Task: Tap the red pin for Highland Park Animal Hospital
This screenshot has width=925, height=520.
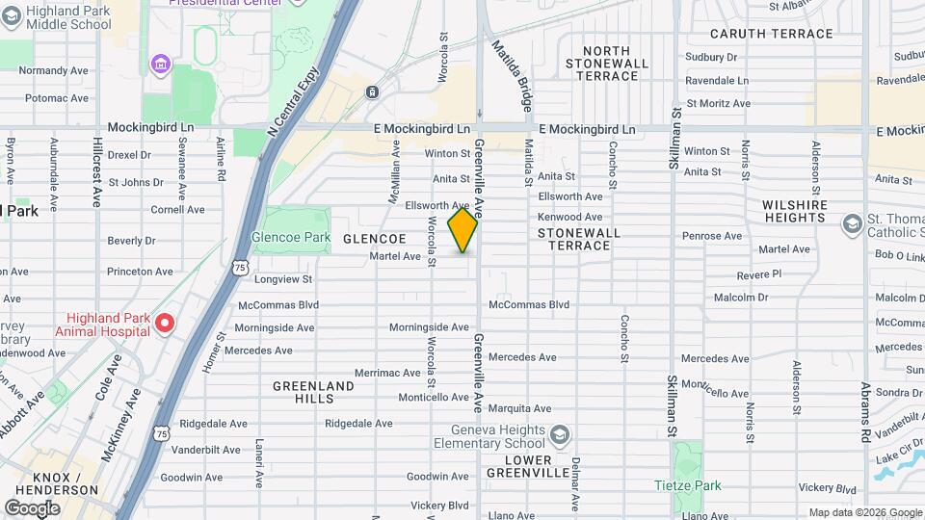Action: pos(165,323)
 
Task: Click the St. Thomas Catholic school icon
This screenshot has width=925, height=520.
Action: pos(852,224)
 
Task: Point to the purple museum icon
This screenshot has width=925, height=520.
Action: pos(160,65)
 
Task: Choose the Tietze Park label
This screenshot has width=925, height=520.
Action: pos(687,485)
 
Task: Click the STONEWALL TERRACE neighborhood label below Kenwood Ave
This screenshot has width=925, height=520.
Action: pos(574,239)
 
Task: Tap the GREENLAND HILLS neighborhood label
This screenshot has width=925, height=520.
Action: pos(313,392)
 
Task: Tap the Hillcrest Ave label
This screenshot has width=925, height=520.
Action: pos(97,170)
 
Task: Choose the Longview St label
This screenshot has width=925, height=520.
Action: pos(283,279)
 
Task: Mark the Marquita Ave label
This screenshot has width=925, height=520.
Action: pos(519,407)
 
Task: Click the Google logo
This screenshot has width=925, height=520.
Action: pos(33,507)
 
